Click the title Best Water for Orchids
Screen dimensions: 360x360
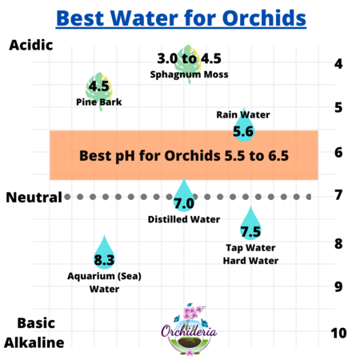[180, 16]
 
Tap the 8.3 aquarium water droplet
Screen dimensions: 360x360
[104, 253]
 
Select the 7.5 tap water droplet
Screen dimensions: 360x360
[250, 225]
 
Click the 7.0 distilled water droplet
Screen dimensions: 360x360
[184, 197]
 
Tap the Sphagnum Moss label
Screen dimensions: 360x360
[189, 74]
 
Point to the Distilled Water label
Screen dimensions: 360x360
[184, 219]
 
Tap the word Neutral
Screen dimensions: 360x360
[34, 197]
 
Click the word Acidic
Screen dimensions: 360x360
[30, 45]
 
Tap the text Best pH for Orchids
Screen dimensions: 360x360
[184, 155]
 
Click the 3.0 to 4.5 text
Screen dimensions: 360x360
[189, 58]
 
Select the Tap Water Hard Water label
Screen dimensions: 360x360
[251, 254]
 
